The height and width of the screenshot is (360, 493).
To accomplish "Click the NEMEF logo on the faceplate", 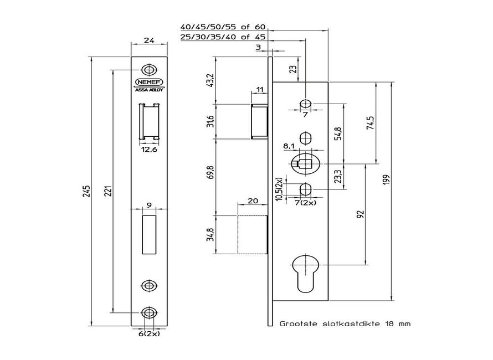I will point(148,81).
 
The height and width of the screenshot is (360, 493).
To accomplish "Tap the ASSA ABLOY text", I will point(148,89).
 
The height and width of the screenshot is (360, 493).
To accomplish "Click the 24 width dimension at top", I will point(149,40).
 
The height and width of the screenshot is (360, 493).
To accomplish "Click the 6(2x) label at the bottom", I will point(149,334).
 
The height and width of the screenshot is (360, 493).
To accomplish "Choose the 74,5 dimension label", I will point(370,122).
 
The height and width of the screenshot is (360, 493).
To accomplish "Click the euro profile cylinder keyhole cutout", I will point(305,271).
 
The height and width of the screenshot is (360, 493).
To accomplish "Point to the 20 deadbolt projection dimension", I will point(252,201).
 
